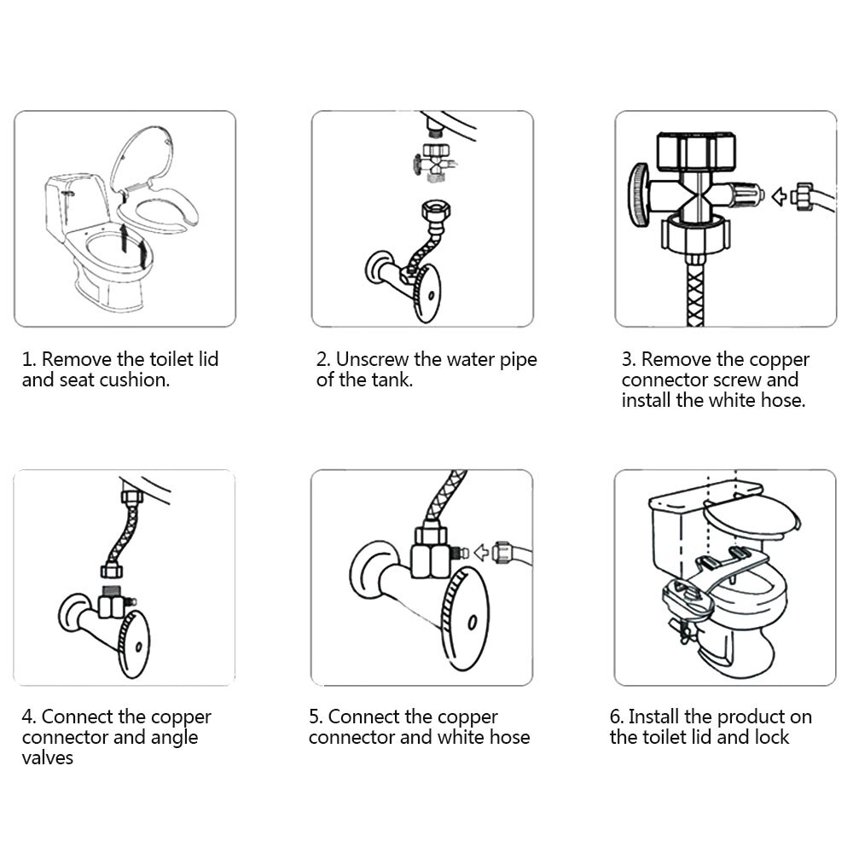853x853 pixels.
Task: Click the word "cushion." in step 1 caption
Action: [136, 380]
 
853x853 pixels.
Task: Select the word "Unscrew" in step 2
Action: [374, 359]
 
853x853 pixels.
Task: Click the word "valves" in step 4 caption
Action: [48, 757]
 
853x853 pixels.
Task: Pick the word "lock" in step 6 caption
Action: [770, 737]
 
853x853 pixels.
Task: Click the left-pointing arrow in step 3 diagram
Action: [778, 197]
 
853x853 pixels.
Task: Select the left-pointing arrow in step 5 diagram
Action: [483, 552]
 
